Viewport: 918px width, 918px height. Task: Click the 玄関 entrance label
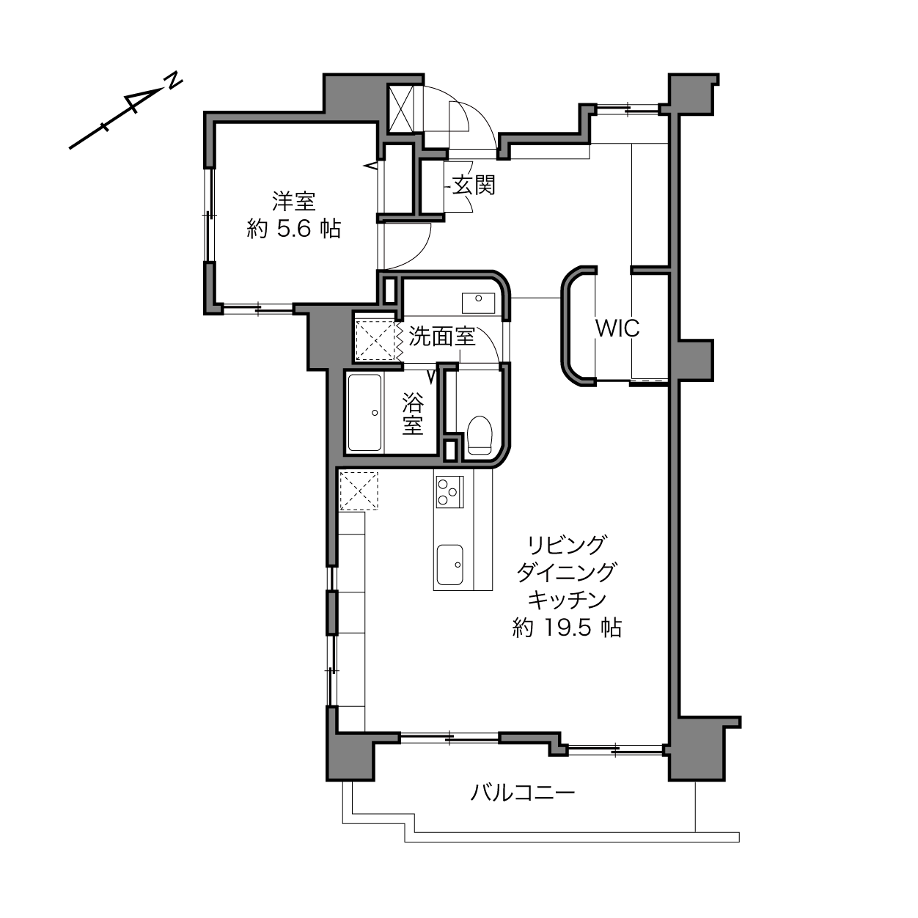tap(474, 186)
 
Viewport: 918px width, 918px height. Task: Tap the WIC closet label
tap(617, 328)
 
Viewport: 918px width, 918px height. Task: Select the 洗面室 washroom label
tap(442, 337)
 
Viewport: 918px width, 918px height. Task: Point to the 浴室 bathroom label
tap(413, 414)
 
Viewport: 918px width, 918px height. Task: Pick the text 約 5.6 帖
tap(294, 229)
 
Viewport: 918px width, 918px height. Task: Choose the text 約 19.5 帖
tap(567, 628)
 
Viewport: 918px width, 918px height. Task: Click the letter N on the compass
tap(174, 81)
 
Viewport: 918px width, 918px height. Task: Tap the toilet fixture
tap(480, 436)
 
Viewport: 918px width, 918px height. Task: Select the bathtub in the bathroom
tap(365, 413)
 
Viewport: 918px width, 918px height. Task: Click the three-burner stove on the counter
tap(449, 492)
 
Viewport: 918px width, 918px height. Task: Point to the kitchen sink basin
tap(449, 565)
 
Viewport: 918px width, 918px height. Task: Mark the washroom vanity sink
tap(478, 303)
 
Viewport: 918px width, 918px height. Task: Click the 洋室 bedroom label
tap(294, 201)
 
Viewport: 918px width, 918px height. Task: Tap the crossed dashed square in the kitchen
tap(359, 491)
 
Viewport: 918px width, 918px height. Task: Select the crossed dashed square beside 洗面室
tap(375, 340)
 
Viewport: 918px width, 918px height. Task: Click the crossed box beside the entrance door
tap(402, 109)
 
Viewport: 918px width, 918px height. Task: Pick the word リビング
tap(567, 544)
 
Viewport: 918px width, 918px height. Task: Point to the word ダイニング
tap(567, 572)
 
